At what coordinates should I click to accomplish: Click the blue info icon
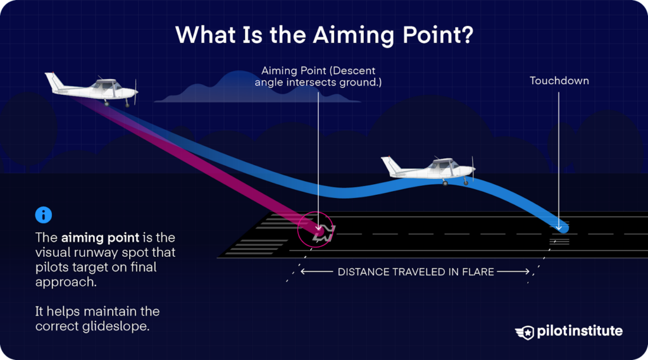coord(44,215)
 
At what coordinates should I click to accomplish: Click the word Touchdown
coord(559,80)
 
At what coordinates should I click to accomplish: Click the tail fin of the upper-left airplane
coord(54,82)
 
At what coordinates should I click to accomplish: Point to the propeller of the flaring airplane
coord(473,169)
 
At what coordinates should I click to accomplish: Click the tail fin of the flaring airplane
coord(390,165)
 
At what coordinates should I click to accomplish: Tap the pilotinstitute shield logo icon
coord(525,332)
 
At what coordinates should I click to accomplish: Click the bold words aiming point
coord(100,238)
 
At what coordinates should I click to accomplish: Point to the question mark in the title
coord(468,35)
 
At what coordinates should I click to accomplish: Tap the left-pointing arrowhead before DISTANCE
coord(304,271)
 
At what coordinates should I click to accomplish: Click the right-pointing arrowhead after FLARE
coord(526,271)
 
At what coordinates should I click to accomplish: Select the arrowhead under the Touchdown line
coord(559,227)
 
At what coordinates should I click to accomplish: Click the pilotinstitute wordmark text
coord(580,331)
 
